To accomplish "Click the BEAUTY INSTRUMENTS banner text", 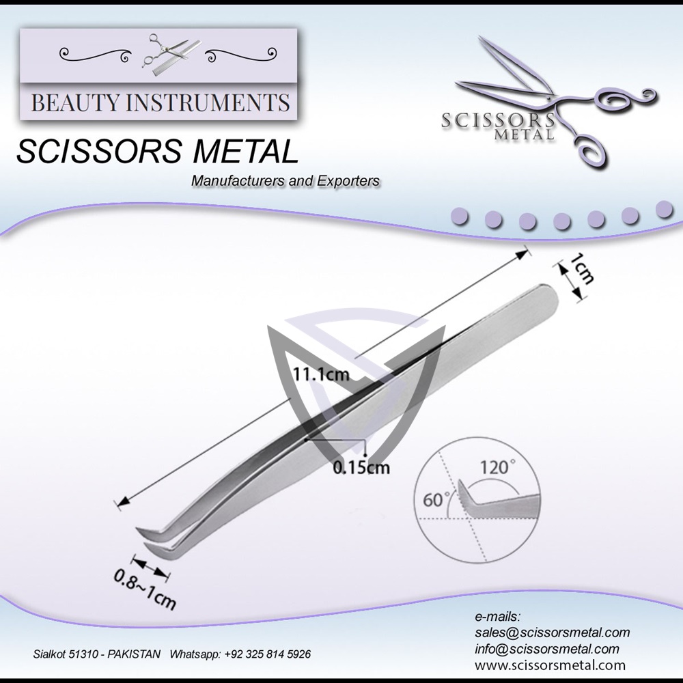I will click(161, 103).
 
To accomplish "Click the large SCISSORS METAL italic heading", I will click(157, 152).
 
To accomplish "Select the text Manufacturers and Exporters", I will click(285, 181).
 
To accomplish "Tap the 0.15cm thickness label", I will click(361, 467).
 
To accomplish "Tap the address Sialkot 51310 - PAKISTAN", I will click(97, 654).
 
